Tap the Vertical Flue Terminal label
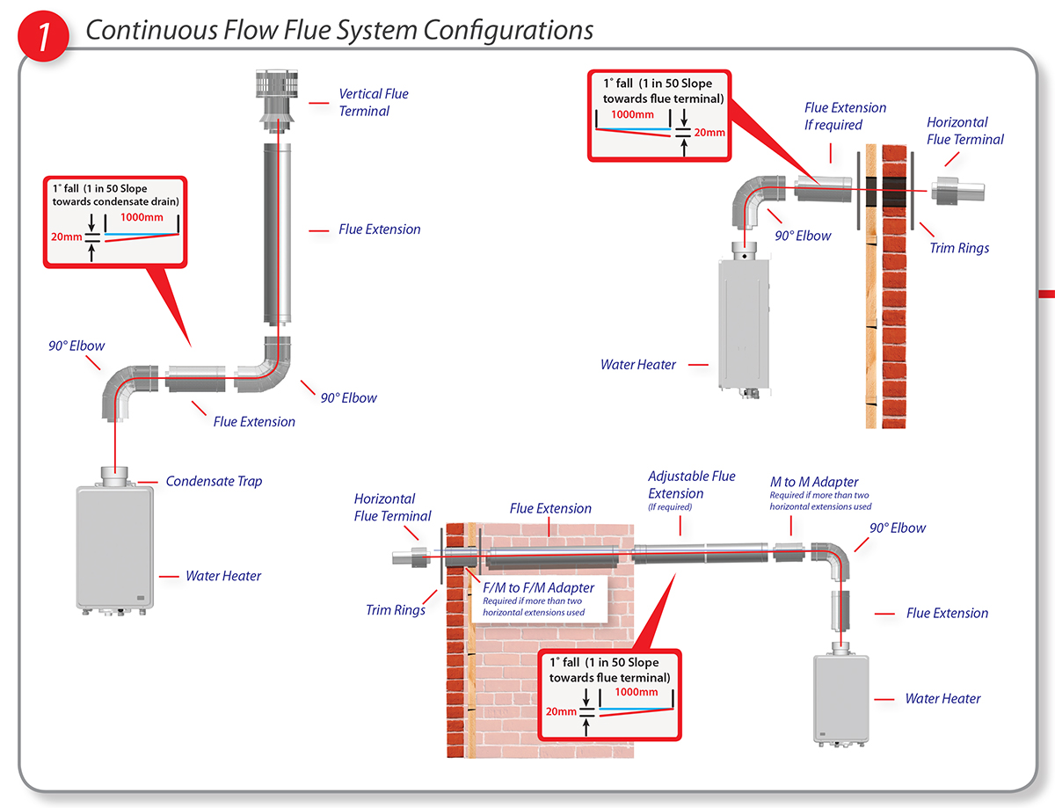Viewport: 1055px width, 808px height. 374,102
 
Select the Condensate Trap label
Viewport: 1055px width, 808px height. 214,481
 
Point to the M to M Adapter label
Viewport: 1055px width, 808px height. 814,483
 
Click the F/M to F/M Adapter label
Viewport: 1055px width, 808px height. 538,587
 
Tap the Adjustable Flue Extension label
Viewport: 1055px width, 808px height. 691,485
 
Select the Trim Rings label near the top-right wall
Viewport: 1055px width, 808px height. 959,248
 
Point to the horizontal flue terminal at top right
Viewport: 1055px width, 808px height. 957,191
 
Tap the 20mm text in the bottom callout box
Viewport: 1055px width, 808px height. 561,711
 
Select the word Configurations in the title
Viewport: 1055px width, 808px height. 508,30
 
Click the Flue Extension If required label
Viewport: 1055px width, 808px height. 845,116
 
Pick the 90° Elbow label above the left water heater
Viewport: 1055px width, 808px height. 76,346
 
